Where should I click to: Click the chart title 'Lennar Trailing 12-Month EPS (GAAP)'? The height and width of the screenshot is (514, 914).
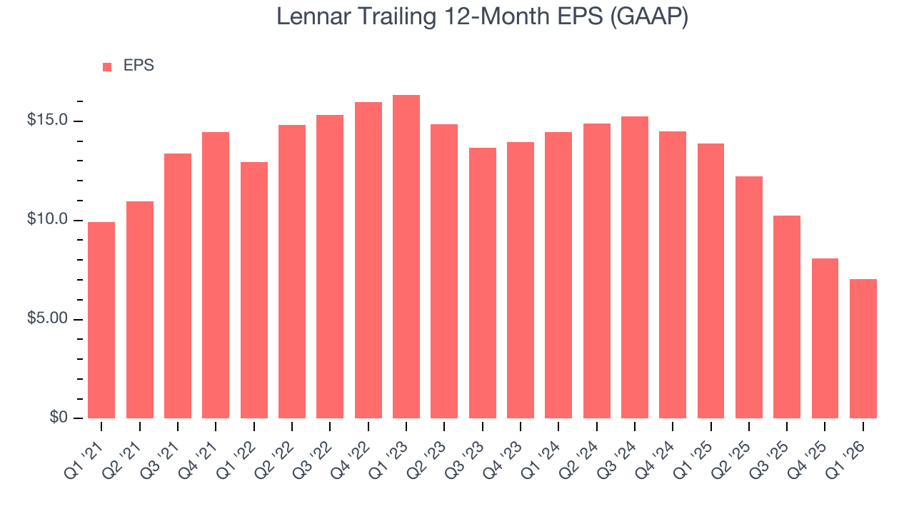pyautogui.click(x=482, y=17)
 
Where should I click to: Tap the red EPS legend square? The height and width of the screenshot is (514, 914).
pyautogui.click(x=107, y=67)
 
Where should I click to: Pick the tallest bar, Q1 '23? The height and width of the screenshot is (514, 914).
pyautogui.click(x=406, y=257)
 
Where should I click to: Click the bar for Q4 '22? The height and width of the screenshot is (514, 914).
pyautogui.click(x=368, y=261)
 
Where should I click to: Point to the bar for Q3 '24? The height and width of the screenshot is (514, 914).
pyautogui.click(x=635, y=268)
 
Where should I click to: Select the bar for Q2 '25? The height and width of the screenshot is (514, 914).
pyautogui.click(x=749, y=297)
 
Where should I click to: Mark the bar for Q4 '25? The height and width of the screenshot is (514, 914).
pyautogui.click(x=825, y=338)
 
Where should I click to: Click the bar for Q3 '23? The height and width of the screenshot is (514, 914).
pyautogui.click(x=483, y=283)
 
